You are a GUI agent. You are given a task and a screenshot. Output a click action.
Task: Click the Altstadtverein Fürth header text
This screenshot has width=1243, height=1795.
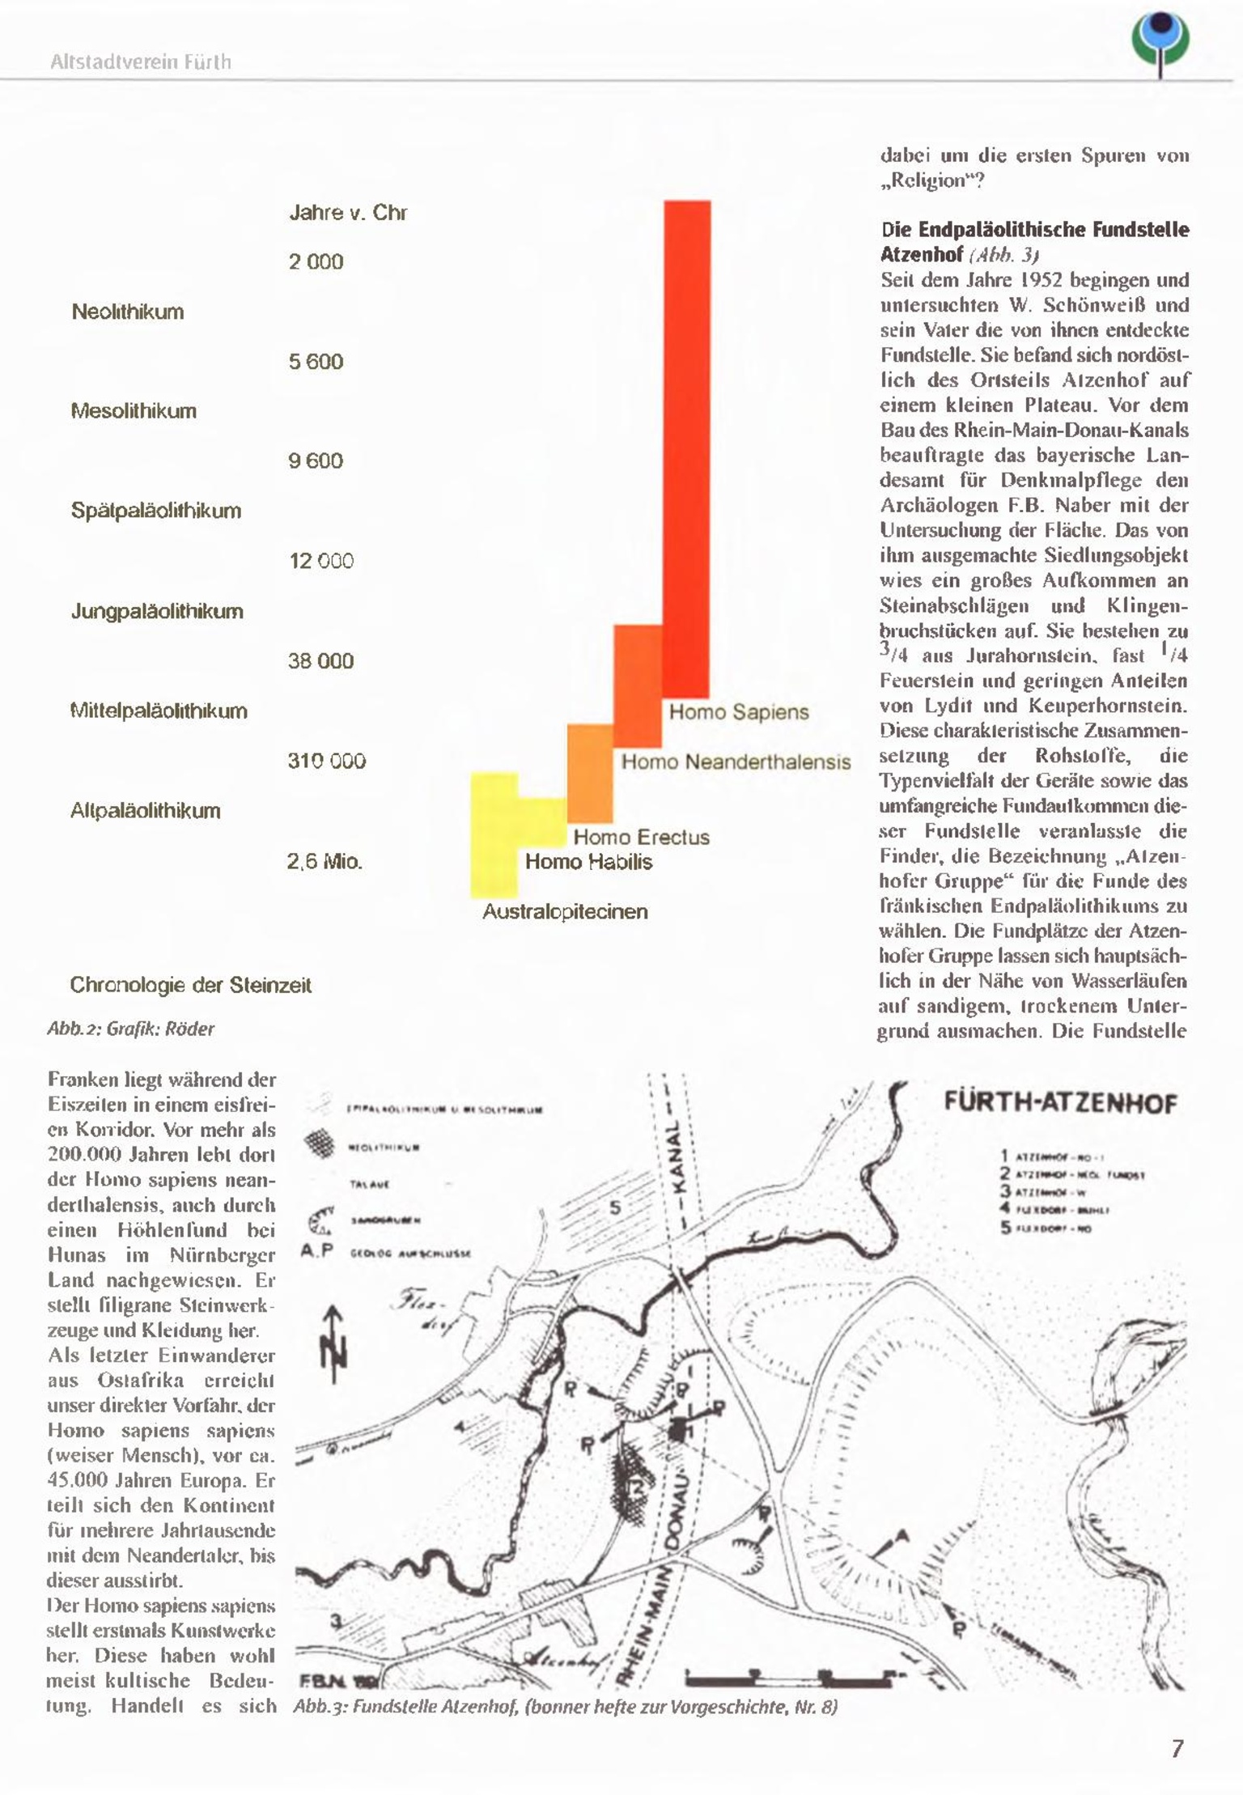[x=141, y=62]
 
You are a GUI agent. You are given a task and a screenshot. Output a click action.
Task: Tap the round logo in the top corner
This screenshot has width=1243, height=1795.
[x=1161, y=45]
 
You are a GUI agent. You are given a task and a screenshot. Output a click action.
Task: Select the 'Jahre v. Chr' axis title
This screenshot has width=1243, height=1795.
[x=348, y=213]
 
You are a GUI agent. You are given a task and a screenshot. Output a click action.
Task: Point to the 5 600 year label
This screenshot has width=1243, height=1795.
[x=316, y=362]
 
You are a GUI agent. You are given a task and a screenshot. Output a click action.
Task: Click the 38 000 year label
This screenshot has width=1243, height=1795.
[x=320, y=661]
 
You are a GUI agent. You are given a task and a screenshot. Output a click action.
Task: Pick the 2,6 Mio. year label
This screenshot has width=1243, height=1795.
[x=324, y=861]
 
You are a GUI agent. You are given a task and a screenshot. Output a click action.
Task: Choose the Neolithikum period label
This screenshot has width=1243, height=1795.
[x=128, y=312]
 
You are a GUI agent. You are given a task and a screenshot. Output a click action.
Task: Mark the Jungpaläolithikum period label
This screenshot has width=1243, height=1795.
[x=157, y=611]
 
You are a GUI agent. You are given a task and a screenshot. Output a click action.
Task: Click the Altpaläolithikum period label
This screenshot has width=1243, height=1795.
[x=146, y=811]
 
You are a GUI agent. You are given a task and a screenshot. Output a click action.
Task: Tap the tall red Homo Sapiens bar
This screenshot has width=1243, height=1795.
[x=687, y=445]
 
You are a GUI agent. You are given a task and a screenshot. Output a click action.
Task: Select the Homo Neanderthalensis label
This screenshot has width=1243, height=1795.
[x=736, y=762]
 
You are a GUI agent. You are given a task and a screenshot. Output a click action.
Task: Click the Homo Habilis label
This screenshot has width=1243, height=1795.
[x=588, y=862]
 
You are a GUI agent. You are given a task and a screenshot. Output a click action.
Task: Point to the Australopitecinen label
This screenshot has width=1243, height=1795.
[x=565, y=912]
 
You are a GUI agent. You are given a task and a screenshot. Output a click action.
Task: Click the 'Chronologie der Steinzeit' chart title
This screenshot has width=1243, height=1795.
[x=190, y=986]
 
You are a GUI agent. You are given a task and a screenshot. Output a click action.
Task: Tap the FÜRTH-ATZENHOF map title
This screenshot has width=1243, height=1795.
[x=1060, y=1104]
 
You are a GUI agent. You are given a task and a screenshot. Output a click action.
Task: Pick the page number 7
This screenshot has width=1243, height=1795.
[x=1177, y=1749]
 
